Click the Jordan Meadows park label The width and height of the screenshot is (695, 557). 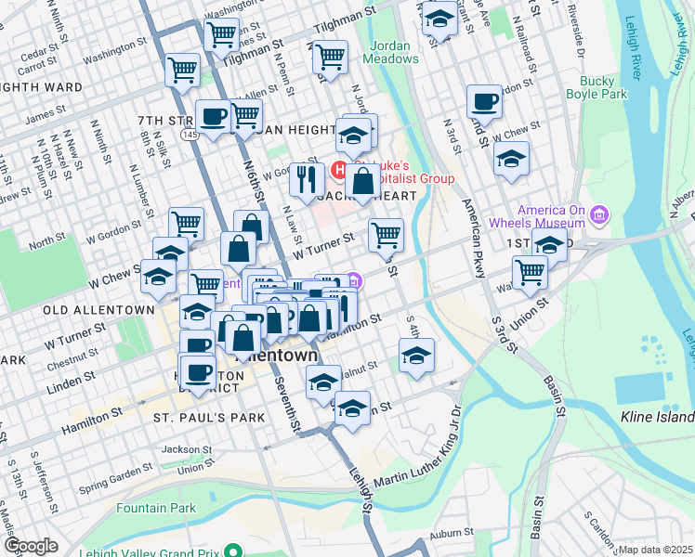[x=394, y=52]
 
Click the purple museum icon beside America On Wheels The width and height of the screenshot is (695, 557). [x=599, y=217]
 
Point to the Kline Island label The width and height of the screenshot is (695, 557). [x=655, y=418]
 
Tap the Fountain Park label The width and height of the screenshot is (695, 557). [x=156, y=508]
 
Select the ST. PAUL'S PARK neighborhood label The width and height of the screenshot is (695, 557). [x=209, y=419]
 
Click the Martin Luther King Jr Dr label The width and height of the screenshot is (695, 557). [x=416, y=465]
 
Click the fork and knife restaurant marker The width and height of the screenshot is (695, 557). [x=306, y=178]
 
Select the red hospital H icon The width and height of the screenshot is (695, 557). [x=340, y=171]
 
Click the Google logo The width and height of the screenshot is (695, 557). [x=31, y=546]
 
